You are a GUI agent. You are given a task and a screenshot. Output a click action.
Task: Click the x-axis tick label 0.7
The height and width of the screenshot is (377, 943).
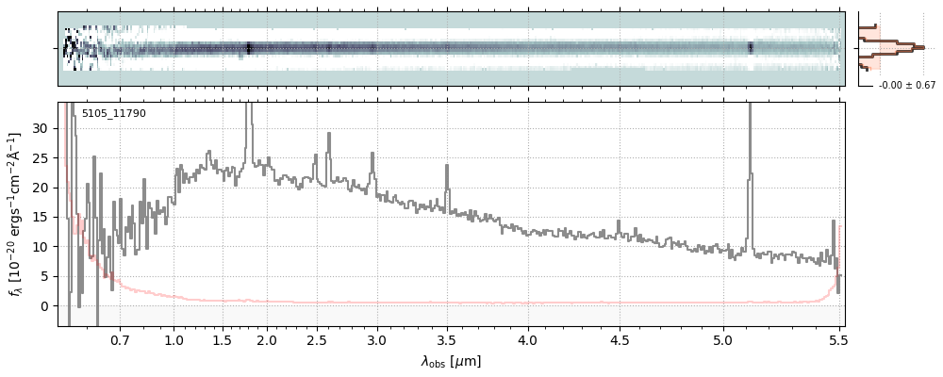point(120,339)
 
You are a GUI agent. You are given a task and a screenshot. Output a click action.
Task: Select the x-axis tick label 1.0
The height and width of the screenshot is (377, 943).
point(174,339)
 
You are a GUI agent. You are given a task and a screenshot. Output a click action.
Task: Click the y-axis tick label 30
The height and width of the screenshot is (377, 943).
point(40,128)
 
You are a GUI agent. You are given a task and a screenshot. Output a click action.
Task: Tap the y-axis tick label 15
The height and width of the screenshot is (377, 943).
point(40,217)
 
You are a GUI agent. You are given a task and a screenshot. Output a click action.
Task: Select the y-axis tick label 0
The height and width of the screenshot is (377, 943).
point(43,305)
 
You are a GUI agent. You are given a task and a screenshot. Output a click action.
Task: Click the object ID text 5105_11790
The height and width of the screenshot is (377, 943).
point(113,114)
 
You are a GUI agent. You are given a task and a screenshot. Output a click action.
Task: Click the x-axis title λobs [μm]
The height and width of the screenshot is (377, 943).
point(451,361)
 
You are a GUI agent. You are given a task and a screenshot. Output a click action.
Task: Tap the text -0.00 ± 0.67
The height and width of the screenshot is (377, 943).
point(906,86)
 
